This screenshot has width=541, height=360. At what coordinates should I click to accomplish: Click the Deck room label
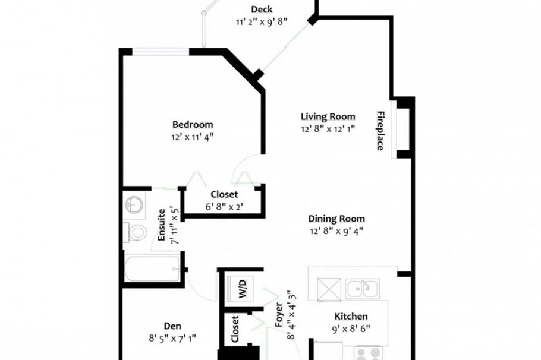pos(261,9)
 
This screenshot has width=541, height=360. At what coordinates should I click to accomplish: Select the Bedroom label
pos(193,125)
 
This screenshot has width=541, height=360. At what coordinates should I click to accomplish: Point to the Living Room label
pos(328,116)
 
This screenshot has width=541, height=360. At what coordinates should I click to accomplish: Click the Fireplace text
pos(380,130)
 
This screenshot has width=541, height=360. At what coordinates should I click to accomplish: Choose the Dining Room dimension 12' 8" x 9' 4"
pos(336,231)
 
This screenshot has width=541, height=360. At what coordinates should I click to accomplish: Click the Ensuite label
pos(161,224)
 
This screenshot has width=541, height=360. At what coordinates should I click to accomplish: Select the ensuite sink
pos(134,204)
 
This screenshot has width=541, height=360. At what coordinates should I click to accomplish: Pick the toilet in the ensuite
pos(136,232)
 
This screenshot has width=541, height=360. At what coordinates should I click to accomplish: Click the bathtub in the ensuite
pos(152,269)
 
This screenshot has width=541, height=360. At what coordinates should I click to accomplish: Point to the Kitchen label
pos(351,317)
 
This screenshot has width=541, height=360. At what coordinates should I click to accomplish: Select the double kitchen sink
pos(362,288)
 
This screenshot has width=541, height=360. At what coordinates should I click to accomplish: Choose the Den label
pos(172,326)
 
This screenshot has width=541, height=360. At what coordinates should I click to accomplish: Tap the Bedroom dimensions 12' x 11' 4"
pos(193,137)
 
